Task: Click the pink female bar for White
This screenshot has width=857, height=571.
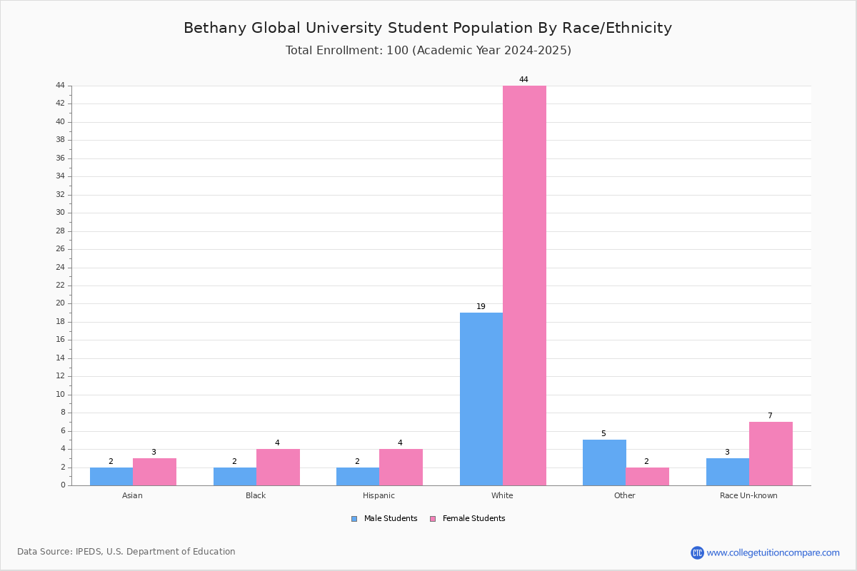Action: (x=524, y=285)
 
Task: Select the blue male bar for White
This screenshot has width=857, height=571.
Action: (x=481, y=399)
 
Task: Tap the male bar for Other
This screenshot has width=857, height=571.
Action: (x=604, y=463)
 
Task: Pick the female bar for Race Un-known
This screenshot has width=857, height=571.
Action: (x=771, y=453)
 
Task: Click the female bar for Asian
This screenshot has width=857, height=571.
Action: (x=154, y=472)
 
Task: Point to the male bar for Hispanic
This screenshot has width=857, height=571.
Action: (x=358, y=477)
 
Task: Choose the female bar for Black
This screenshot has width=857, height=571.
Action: (x=278, y=468)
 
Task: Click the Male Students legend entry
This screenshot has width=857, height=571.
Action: (x=384, y=519)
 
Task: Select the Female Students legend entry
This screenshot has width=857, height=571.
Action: (x=468, y=519)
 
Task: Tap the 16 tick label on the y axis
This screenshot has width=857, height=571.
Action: (x=61, y=340)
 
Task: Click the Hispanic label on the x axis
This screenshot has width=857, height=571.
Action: (x=379, y=495)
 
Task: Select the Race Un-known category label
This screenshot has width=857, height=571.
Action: (x=748, y=495)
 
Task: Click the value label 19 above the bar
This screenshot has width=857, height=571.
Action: (x=481, y=306)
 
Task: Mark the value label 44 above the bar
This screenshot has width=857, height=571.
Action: (x=523, y=79)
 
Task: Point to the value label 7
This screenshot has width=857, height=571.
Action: (x=770, y=415)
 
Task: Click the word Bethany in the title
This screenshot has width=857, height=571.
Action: (x=215, y=28)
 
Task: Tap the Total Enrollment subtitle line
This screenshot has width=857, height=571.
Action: (x=428, y=50)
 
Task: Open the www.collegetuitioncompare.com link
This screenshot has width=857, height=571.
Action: (x=773, y=552)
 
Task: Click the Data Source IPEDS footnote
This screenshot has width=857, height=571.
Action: (x=126, y=552)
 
